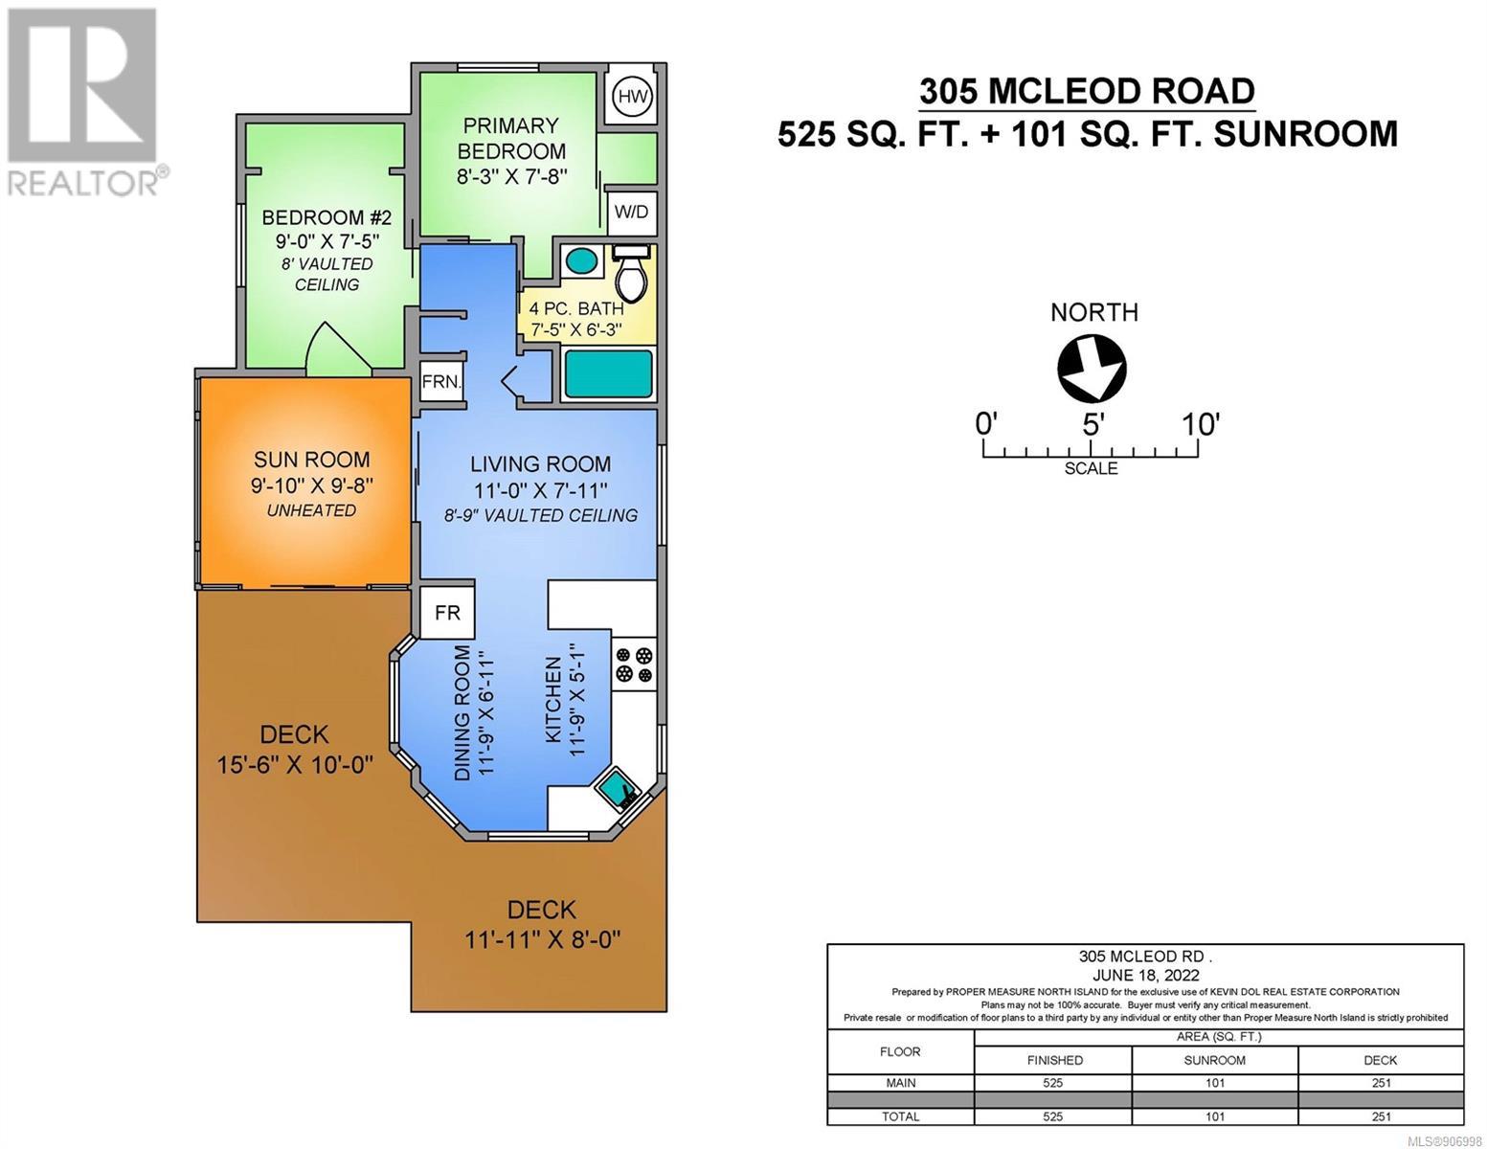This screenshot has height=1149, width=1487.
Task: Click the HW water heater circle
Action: pyautogui.click(x=632, y=96)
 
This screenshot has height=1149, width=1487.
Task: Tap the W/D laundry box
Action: pyautogui.click(x=631, y=212)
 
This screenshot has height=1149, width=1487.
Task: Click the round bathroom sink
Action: pyautogui.click(x=581, y=260)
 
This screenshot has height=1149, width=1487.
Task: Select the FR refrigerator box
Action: pyautogui.click(x=447, y=613)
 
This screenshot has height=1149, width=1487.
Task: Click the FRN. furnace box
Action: pyautogui.click(x=442, y=382)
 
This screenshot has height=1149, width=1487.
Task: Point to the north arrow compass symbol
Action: pyautogui.click(x=1091, y=369)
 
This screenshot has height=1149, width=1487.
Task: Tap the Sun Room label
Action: pyautogui.click(x=311, y=460)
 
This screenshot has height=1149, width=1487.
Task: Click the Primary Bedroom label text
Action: pyautogui.click(x=511, y=138)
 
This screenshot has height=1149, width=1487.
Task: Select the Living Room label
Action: pyautogui.click(x=541, y=464)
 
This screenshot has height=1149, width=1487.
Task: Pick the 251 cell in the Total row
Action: pyautogui.click(x=1381, y=1116)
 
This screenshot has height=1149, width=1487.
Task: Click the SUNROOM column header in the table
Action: pyautogui.click(x=1215, y=1060)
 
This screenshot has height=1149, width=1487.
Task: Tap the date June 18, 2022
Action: pyautogui.click(x=1145, y=975)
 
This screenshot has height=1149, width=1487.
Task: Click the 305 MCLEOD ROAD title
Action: pyautogui.click(x=1087, y=92)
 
